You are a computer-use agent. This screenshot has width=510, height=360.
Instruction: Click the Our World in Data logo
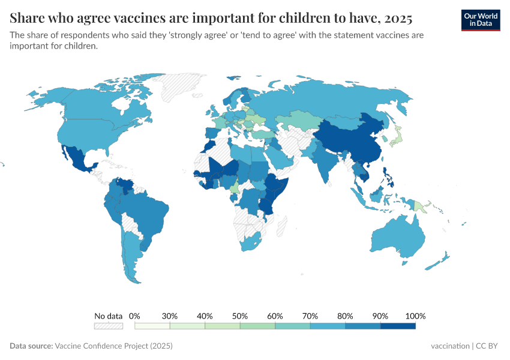click(x=480, y=20)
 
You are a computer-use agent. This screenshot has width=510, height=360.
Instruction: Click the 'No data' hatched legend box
click(x=108, y=326)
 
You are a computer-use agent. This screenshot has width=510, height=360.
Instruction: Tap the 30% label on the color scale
click(x=170, y=316)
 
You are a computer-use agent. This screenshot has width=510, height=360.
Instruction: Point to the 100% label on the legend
click(x=415, y=316)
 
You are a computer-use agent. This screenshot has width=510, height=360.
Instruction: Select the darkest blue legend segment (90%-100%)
click(x=398, y=326)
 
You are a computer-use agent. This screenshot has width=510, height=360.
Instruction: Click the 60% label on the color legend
click(x=275, y=316)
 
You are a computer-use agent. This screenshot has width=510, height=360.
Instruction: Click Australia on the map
click(x=397, y=237)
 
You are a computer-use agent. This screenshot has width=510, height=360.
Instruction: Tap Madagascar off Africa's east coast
click(x=278, y=225)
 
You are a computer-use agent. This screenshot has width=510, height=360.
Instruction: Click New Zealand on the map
click(x=441, y=262)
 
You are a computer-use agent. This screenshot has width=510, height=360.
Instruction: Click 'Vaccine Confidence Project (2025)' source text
click(x=113, y=346)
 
